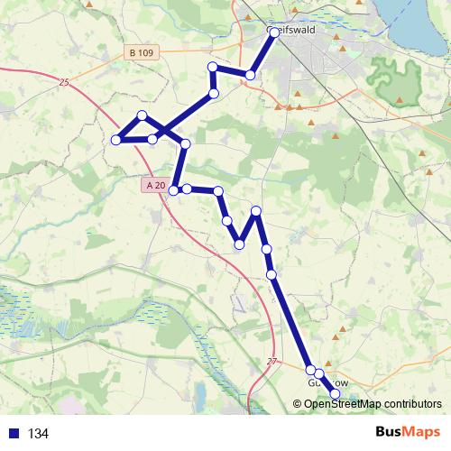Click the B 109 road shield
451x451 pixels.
click(139, 54)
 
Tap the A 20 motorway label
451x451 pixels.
click(154, 185)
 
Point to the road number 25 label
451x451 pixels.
click(62, 83)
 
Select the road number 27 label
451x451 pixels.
click(272, 362)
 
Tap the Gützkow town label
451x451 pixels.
click(327, 383)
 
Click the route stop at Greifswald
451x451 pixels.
click(274, 32)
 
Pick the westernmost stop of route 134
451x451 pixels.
click(116, 140)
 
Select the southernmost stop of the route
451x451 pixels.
click(336, 393)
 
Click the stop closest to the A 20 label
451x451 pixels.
click(174, 190)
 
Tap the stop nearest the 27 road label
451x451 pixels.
click(310, 370)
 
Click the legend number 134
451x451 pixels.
click(38, 434)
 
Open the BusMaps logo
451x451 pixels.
click(408, 432)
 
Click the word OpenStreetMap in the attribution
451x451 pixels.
click(342, 404)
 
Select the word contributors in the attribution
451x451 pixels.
click(411, 404)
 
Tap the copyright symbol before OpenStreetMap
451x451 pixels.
click(297, 404)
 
